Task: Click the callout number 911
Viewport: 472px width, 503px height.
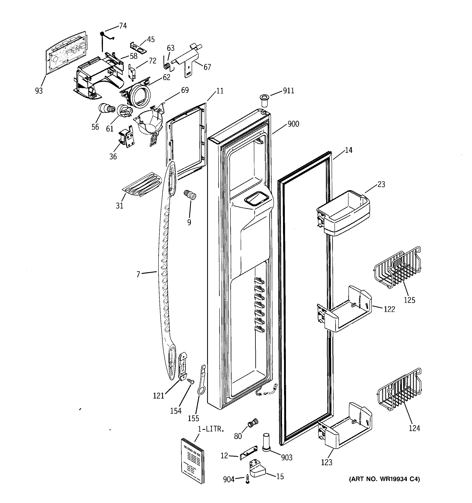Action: (288, 91)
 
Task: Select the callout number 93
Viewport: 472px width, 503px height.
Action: (39, 91)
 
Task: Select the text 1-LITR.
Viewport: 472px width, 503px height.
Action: (211, 429)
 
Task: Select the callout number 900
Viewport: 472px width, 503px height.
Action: (293, 124)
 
